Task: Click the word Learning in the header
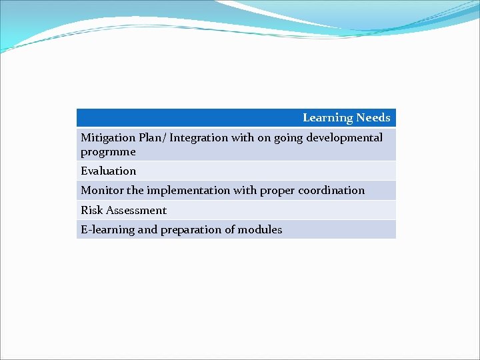327,118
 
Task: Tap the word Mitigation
108,138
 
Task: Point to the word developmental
344,138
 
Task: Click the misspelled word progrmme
108,152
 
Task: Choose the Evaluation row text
108,171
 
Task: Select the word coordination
331,191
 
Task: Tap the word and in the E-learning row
148,230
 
